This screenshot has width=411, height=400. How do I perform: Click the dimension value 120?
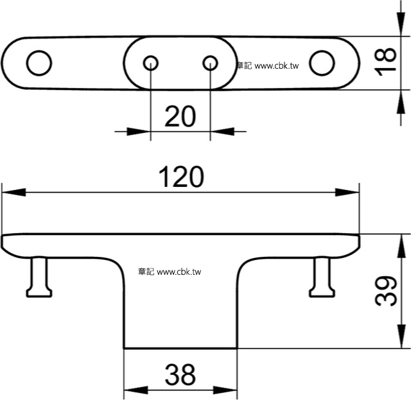point(181,177)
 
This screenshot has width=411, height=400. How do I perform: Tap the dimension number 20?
point(180,116)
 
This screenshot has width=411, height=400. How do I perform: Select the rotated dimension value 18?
point(385,62)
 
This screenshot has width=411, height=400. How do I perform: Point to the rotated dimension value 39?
point(385,291)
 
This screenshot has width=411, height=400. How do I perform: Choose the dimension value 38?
point(180,374)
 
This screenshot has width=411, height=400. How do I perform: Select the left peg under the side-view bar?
point(39,277)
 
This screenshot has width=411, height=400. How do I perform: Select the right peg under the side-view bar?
point(322,277)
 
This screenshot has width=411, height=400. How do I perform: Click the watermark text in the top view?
point(268,65)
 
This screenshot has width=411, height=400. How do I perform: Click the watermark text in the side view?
point(170,272)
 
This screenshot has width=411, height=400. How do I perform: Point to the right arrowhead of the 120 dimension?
point(347,192)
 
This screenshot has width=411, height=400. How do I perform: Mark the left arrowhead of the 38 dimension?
point(136,390)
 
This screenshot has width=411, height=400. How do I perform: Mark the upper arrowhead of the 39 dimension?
point(401,246)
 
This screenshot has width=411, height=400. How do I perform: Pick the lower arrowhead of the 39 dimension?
point(401,336)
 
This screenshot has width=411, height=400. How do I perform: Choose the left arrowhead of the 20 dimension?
point(139,132)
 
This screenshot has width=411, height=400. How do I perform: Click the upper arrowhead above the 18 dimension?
point(401,24)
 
